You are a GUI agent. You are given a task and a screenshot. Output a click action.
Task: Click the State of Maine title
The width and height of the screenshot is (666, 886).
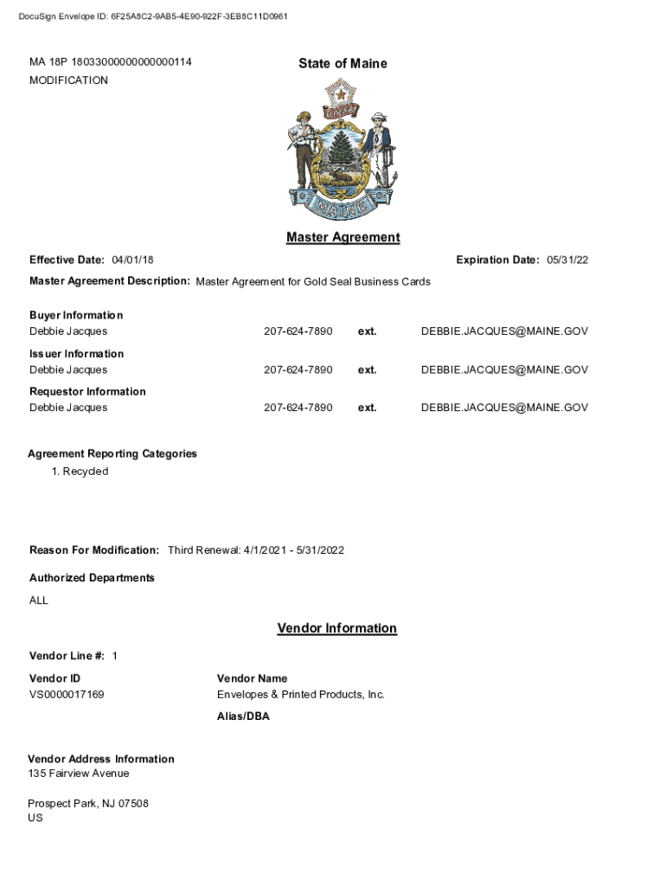coord(343,63)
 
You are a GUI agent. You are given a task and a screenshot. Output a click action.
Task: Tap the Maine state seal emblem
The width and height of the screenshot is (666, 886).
coord(343,149)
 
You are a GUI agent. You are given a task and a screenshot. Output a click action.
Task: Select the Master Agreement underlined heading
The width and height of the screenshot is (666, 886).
coord(343,237)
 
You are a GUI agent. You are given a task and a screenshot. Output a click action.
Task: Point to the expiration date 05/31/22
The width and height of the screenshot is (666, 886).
coord(567,260)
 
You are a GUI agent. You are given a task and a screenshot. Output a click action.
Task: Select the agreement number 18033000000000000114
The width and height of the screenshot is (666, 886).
coord(131,62)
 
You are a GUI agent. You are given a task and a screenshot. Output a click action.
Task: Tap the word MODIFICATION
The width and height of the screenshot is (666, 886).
coord(68,80)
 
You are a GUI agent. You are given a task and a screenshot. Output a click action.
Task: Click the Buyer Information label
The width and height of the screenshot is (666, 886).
coord(76,315)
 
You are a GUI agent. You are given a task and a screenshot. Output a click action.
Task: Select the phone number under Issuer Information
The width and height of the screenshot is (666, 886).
coord(298,369)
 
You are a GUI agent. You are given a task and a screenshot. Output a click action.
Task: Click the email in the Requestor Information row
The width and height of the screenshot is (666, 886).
coord(504,408)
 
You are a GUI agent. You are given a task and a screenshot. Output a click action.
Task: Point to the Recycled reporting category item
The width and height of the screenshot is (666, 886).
coord(85,472)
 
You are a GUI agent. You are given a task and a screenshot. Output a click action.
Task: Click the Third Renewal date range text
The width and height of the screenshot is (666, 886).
coord(256,550)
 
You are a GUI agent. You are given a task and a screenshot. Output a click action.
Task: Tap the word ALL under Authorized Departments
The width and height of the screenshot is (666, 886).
coord(39,600)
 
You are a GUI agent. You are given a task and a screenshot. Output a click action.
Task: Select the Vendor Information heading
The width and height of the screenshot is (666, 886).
coord(336,628)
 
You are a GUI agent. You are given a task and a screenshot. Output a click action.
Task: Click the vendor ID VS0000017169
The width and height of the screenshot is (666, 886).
coord(67,695)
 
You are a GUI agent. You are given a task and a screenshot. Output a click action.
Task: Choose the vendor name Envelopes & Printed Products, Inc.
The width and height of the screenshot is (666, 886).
coord(300,695)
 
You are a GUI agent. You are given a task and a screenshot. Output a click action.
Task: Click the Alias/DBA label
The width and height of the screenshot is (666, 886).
coord(243,716)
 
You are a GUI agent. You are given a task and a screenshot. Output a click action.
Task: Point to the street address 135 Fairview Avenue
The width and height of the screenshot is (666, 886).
coord(79,774)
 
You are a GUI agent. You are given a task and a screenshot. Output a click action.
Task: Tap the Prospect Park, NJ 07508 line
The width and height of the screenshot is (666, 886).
coord(88,804)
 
